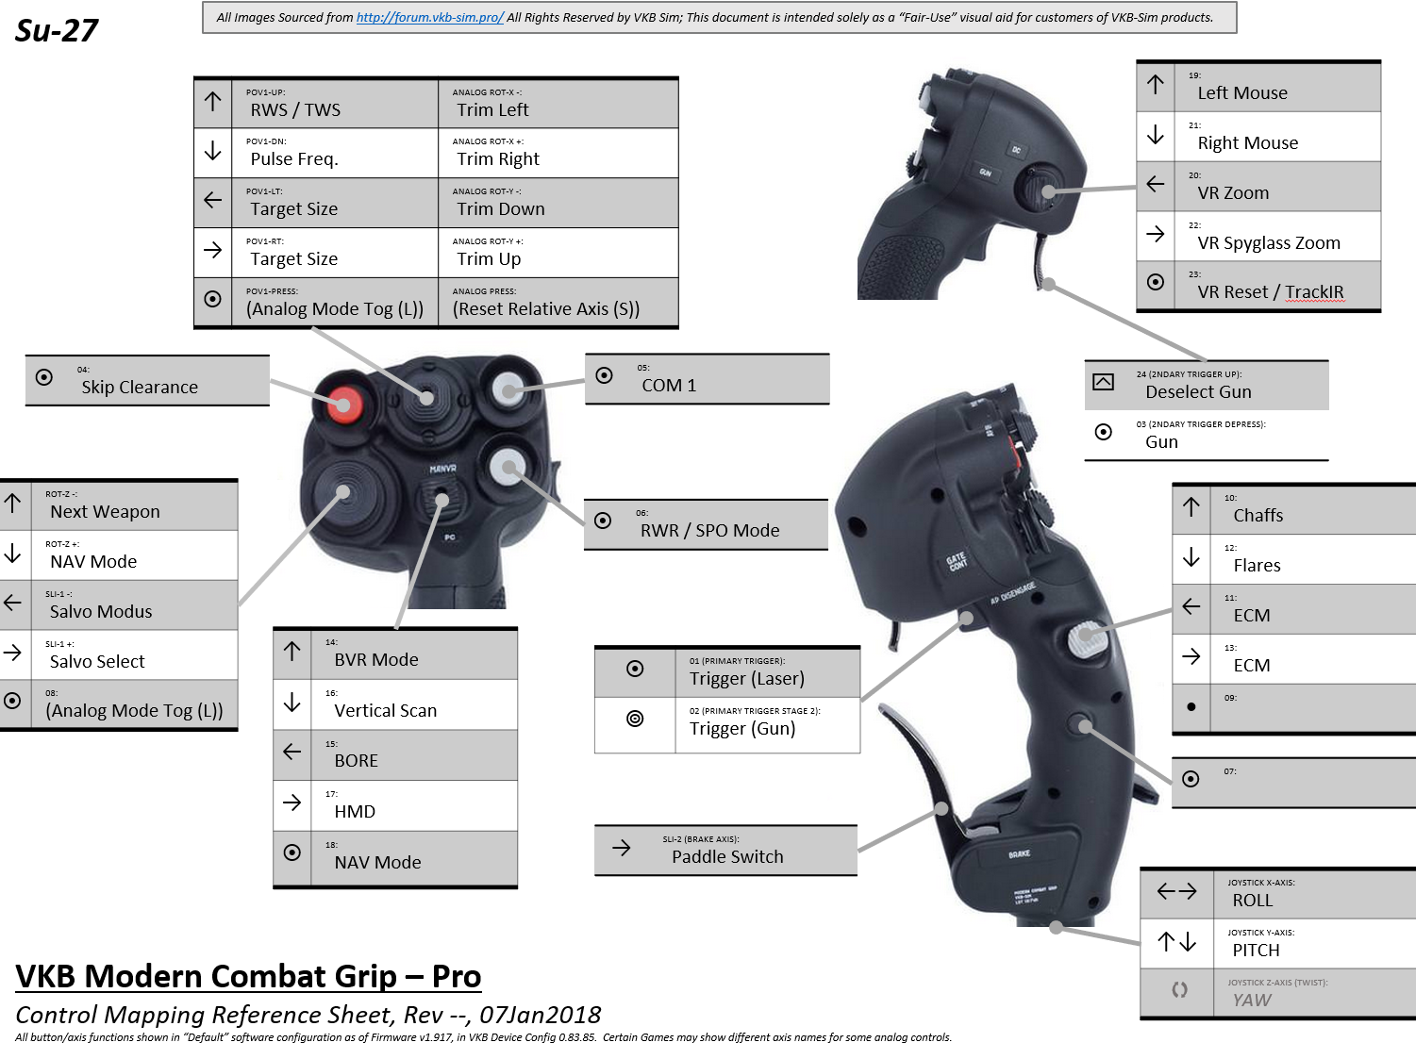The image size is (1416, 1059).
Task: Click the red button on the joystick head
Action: (343, 405)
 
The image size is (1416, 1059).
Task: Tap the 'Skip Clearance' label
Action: (140, 388)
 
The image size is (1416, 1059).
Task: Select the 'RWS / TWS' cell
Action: (295, 110)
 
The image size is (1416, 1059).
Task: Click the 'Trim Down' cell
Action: (501, 209)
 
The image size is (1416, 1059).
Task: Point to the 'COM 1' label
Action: (669, 386)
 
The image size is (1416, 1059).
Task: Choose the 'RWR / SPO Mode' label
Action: (709, 531)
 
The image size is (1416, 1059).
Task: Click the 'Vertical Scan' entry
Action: (385, 711)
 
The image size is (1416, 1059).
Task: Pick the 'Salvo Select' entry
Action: (97, 662)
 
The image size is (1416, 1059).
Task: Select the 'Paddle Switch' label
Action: (727, 857)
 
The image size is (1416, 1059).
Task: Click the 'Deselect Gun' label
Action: (1198, 392)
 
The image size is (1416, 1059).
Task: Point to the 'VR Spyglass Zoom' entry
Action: (1268, 243)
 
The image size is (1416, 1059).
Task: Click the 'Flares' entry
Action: (1257, 566)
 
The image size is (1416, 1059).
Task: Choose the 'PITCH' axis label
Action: (1256, 951)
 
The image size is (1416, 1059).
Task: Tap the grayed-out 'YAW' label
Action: (1252, 1001)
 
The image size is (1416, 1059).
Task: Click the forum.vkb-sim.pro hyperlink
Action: (430, 17)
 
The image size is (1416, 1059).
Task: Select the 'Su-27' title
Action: (57, 31)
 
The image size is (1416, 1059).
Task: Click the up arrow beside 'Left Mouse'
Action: (1156, 85)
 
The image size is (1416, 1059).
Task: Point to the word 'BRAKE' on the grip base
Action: (1019, 854)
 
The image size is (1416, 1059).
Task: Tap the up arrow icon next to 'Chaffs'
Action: (1191, 507)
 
